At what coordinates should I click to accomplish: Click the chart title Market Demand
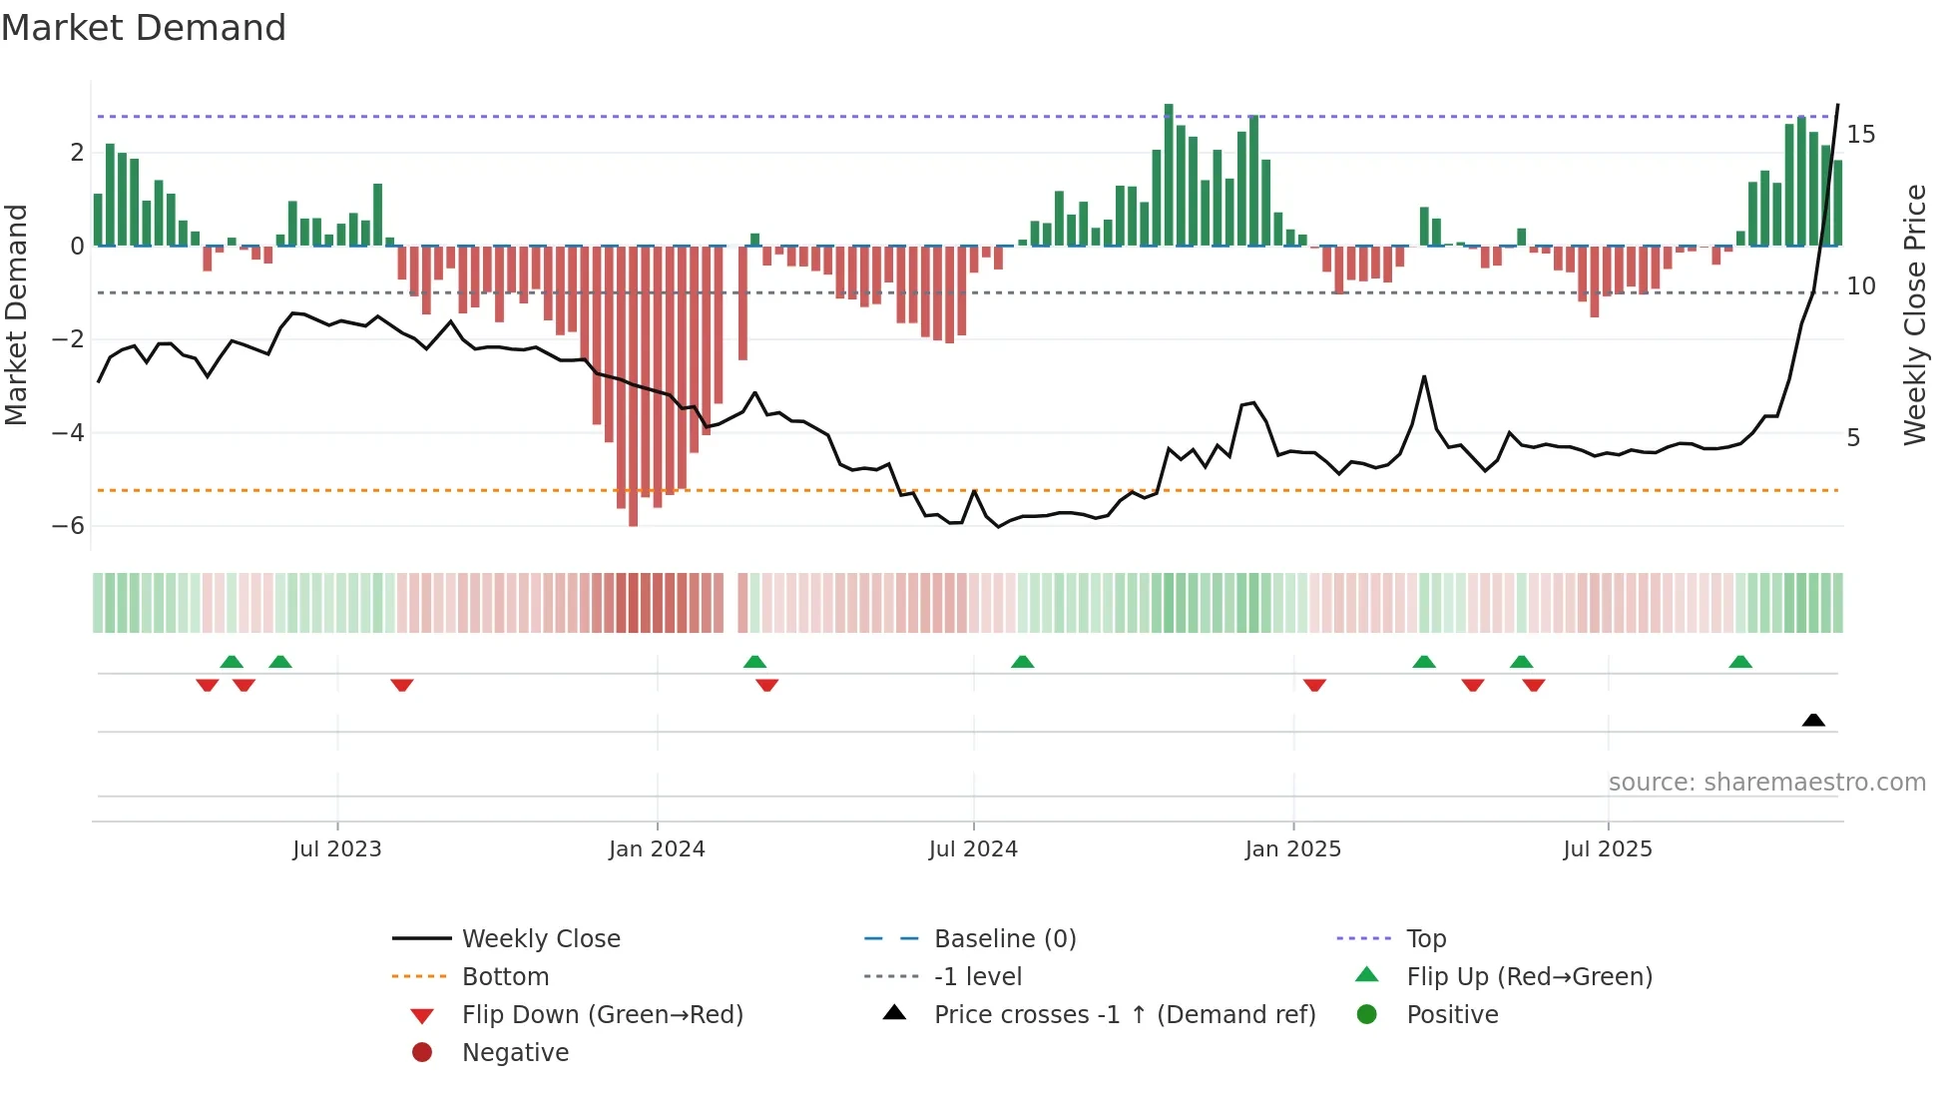click(144, 28)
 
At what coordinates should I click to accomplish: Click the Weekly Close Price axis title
click(1914, 314)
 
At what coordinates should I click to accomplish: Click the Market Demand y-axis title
click(16, 314)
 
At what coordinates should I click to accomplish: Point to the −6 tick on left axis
click(69, 526)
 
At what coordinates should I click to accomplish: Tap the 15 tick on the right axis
click(1860, 135)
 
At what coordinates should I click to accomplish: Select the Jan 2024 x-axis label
click(657, 849)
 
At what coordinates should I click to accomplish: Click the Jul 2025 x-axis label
click(1608, 849)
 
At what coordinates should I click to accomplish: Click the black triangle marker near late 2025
click(1813, 720)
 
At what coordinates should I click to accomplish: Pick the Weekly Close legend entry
click(540, 939)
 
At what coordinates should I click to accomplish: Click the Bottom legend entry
click(505, 977)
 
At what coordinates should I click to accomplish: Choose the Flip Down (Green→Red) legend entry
click(602, 1015)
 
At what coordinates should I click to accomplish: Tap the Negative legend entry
click(515, 1053)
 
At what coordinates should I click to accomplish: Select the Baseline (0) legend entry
click(1004, 939)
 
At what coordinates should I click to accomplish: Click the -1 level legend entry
click(977, 977)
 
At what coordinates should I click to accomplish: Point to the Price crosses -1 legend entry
click(1124, 1015)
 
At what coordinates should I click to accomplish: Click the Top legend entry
click(1425, 939)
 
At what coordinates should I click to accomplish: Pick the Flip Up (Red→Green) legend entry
click(1529, 977)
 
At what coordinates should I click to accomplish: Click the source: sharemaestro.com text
click(1766, 783)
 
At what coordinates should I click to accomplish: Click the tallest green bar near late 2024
click(1169, 175)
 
